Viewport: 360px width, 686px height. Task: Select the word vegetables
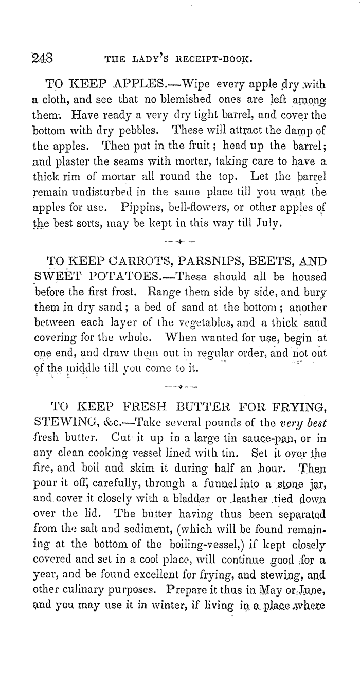(221, 322)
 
